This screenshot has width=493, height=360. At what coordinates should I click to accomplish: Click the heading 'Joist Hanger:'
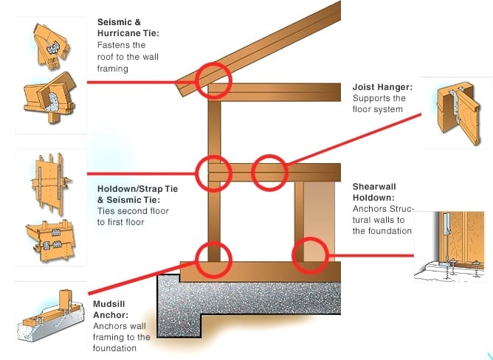coord(382,86)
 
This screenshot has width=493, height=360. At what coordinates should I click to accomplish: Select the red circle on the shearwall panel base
coord(310,254)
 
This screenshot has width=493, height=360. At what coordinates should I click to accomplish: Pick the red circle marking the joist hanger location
coord(269,173)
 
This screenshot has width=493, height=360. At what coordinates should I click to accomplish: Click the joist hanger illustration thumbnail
coord(455,113)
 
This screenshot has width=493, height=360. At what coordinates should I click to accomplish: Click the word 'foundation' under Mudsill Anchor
coord(115,348)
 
